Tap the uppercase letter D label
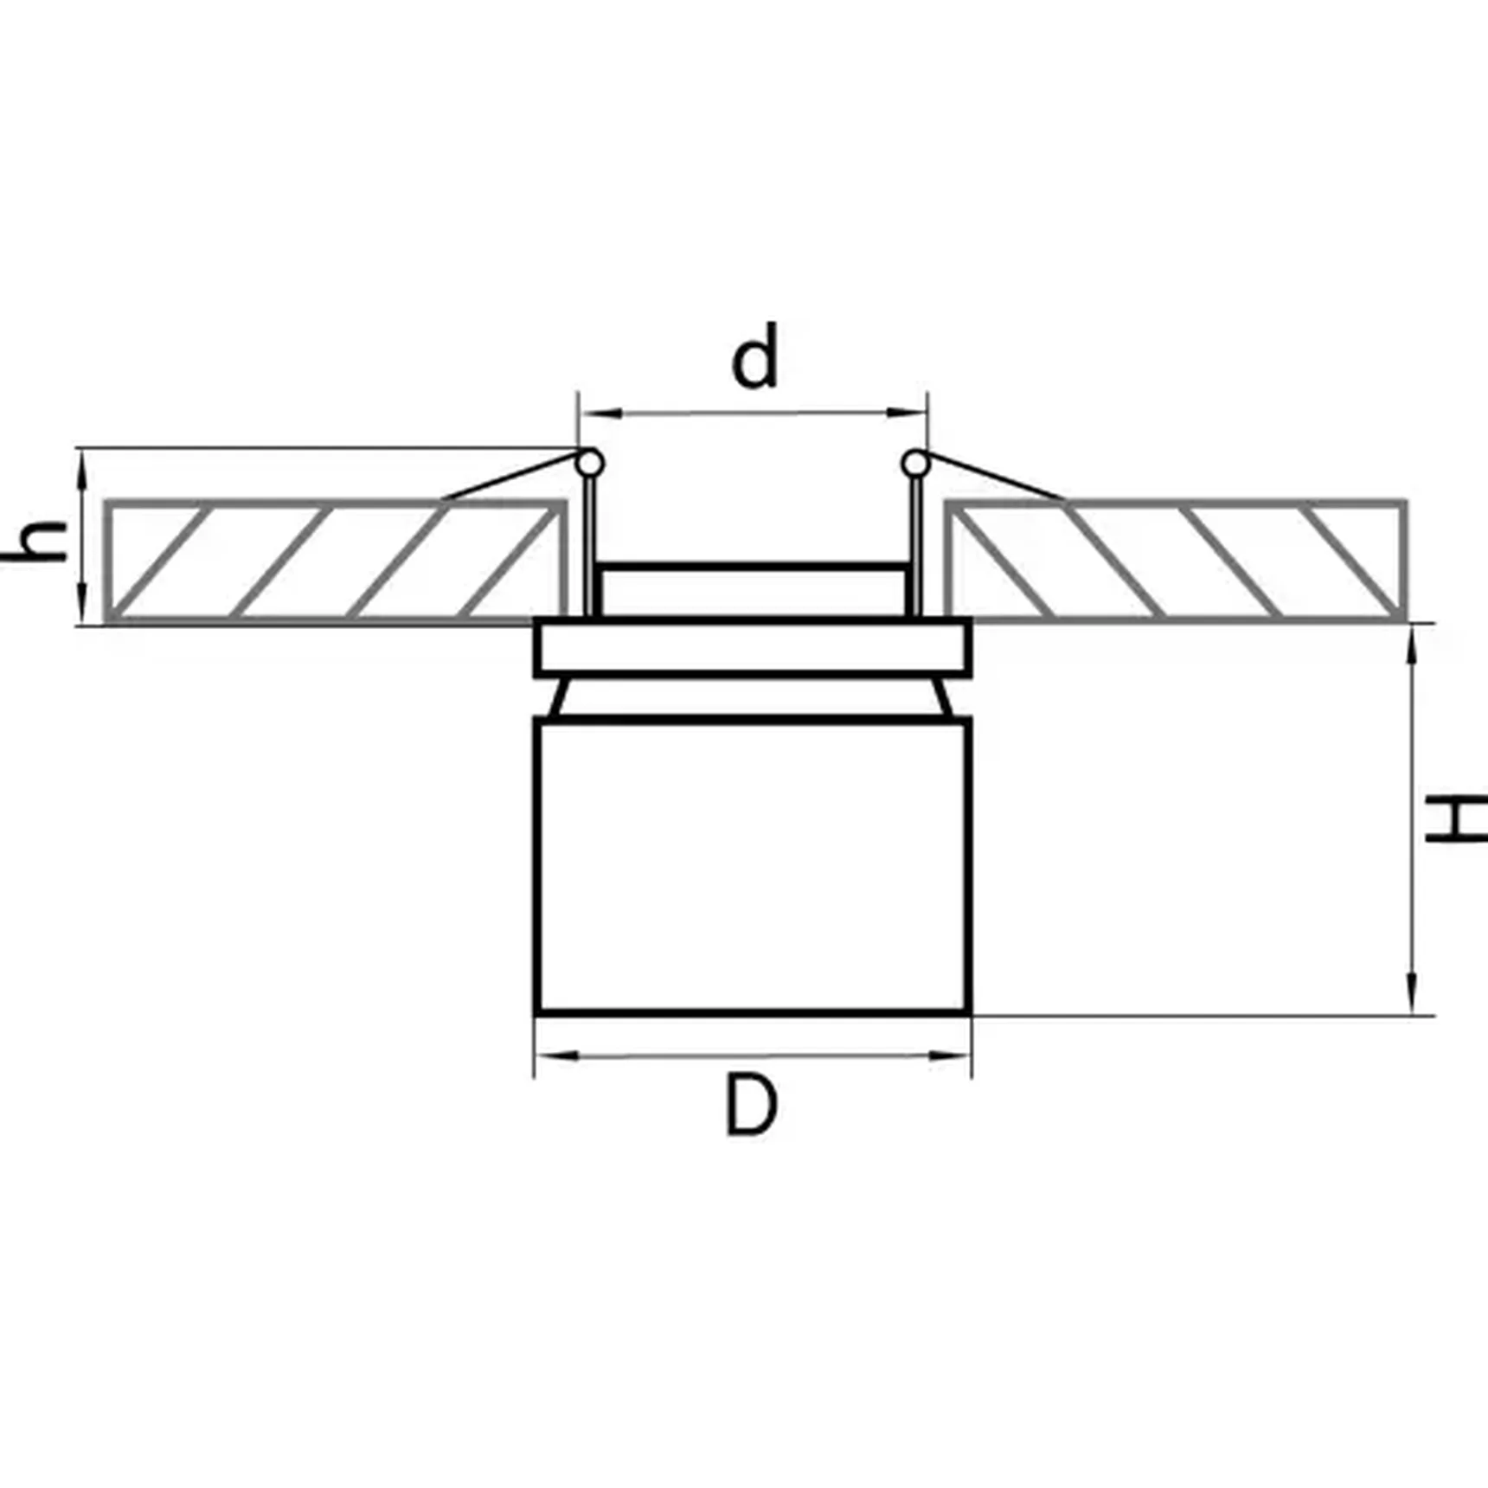751,1105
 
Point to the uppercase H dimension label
1457,819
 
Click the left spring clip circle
590,464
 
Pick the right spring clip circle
915,465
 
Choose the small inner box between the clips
754,591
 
